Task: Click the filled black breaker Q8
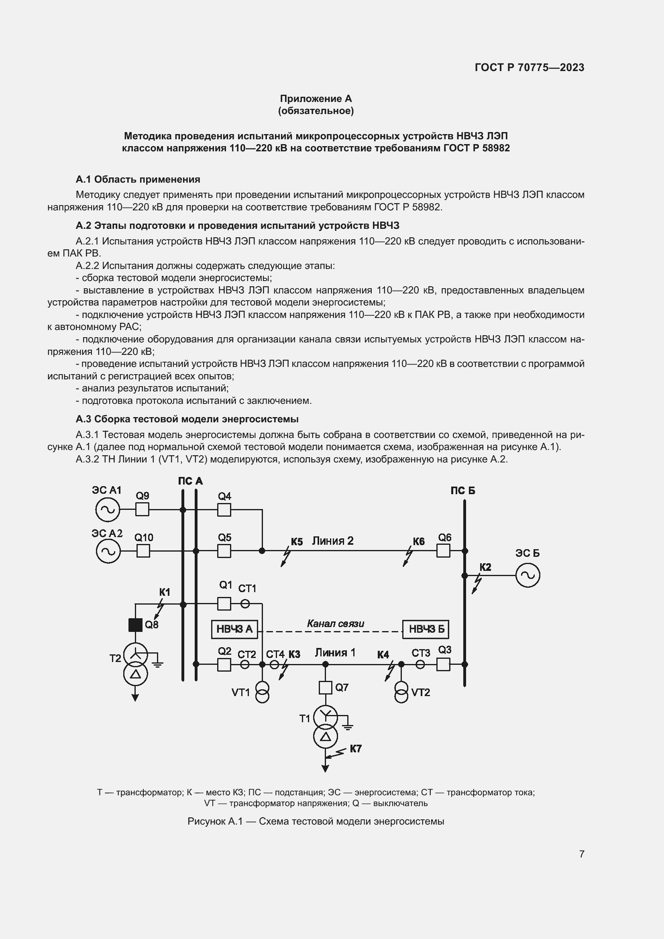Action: coord(135,625)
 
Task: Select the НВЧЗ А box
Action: coord(234,629)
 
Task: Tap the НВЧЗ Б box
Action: coord(426,629)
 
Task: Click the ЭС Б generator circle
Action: coord(528,575)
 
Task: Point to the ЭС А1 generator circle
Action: coord(108,509)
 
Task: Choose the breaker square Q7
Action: coord(326,687)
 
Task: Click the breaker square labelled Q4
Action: coord(224,510)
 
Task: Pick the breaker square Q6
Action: coord(443,551)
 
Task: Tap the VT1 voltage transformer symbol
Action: coord(262,692)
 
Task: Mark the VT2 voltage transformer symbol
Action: coord(401,692)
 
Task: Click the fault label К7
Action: coord(355,748)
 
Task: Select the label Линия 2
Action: coord(332,541)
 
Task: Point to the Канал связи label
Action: coord(335,623)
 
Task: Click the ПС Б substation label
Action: coord(463,490)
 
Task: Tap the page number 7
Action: coord(581,853)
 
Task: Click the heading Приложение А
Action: coord(316,99)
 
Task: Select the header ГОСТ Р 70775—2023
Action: coord(530,67)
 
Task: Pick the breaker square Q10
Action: coord(143,551)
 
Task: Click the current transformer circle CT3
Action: coord(420,664)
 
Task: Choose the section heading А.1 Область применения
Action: coord(138,179)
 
